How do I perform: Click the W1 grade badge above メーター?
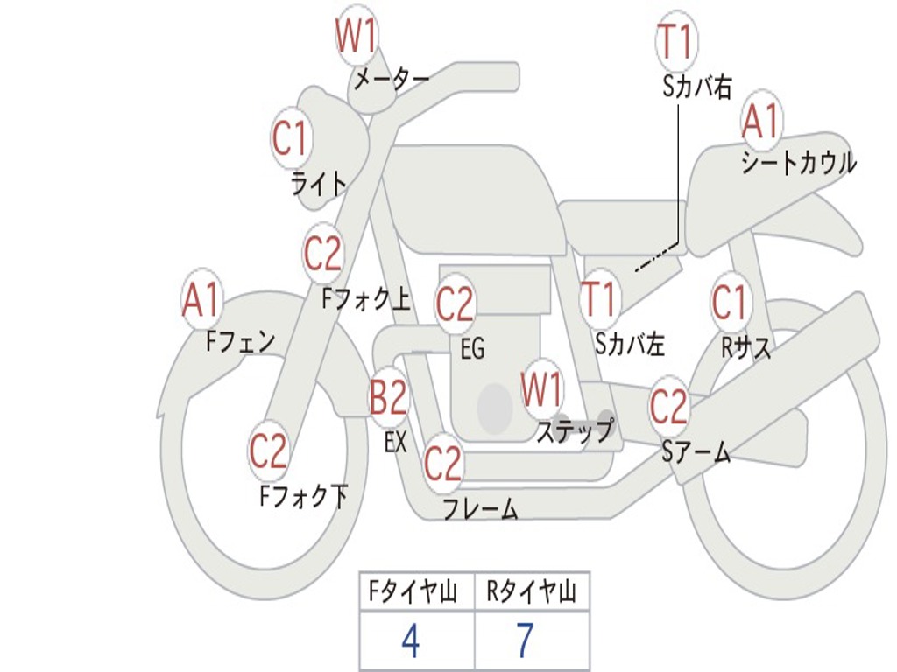357,37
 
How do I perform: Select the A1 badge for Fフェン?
202,301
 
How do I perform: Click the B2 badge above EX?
388,398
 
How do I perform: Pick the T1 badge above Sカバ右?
675,42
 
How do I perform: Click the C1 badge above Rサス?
730,303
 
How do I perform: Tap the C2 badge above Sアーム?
669,407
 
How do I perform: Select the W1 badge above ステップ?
542,390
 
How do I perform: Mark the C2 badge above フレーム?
442,463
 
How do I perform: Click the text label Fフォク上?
366,300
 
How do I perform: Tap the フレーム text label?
480,508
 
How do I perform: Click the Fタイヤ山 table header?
411,593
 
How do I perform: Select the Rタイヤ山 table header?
531,593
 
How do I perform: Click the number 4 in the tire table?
410,641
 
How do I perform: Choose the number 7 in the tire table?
525,641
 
